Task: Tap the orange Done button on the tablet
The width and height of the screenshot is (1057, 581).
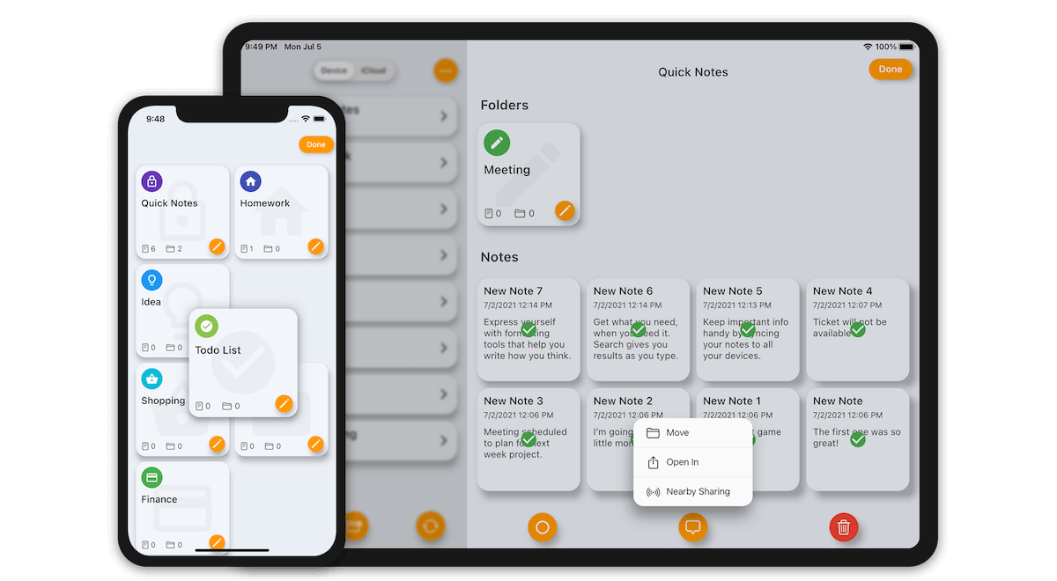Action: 890,70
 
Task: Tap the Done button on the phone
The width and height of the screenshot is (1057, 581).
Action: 316,144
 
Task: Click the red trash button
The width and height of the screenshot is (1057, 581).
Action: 843,527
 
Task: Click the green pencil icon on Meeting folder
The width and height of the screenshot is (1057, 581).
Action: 497,143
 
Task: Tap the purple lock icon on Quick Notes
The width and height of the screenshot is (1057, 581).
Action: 152,182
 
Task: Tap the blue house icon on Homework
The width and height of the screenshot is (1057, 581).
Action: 250,182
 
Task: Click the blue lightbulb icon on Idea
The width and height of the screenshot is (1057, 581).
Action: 152,281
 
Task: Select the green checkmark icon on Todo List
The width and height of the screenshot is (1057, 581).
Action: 206,326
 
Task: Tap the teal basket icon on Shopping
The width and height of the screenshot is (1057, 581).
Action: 152,379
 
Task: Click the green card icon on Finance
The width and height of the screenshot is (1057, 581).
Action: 152,478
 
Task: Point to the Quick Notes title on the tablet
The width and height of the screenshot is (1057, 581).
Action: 693,72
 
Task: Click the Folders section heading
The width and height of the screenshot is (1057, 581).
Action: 505,106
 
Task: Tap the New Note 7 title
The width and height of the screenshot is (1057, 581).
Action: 513,291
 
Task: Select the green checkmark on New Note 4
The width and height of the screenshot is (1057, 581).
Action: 857,330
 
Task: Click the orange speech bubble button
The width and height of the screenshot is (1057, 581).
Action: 693,527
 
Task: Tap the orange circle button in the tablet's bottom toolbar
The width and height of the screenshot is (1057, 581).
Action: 542,527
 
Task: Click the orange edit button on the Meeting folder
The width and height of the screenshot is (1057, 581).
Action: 565,210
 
